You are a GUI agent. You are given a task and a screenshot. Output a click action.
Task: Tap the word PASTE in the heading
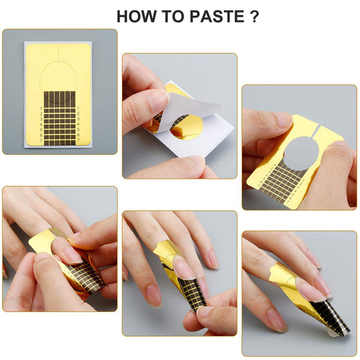(218, 16)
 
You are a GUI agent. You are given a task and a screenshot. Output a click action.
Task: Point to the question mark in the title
(254, 16)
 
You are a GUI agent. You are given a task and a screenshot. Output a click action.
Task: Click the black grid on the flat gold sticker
(59, 118)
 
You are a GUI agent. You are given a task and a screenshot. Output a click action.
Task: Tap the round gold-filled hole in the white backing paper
(187, 127)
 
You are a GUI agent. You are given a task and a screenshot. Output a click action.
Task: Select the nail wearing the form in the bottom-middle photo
(184, 268)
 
